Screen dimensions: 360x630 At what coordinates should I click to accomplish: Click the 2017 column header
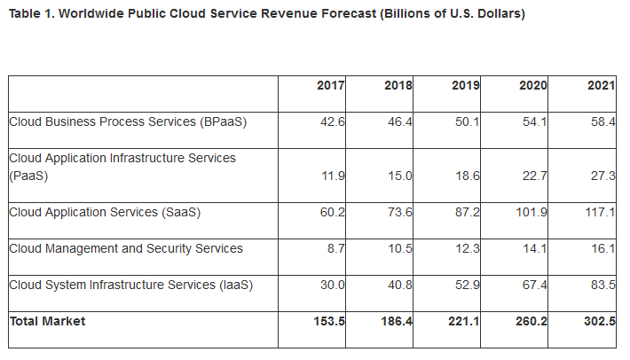tap(331, 86)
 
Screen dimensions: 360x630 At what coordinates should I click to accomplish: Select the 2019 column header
tap(466, 86)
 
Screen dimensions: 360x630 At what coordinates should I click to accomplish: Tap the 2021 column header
tap(601, 86)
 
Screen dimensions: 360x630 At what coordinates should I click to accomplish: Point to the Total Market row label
tap(48, 321)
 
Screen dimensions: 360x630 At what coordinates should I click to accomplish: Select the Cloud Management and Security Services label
tap(126, 248)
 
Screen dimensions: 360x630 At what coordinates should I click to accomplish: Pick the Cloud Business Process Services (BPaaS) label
tap(128, 121)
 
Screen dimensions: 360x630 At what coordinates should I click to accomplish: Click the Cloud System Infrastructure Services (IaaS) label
tap(131, 285)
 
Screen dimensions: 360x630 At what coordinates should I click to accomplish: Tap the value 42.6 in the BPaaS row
tap(333, 121)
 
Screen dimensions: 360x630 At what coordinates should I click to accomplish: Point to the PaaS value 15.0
tap(399, 176)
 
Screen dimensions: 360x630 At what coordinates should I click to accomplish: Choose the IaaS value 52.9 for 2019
tap(467, 285)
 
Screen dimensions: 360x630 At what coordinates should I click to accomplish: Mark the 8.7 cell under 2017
tap(336, 248)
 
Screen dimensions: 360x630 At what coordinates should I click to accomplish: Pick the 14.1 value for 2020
tap(535, 248)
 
